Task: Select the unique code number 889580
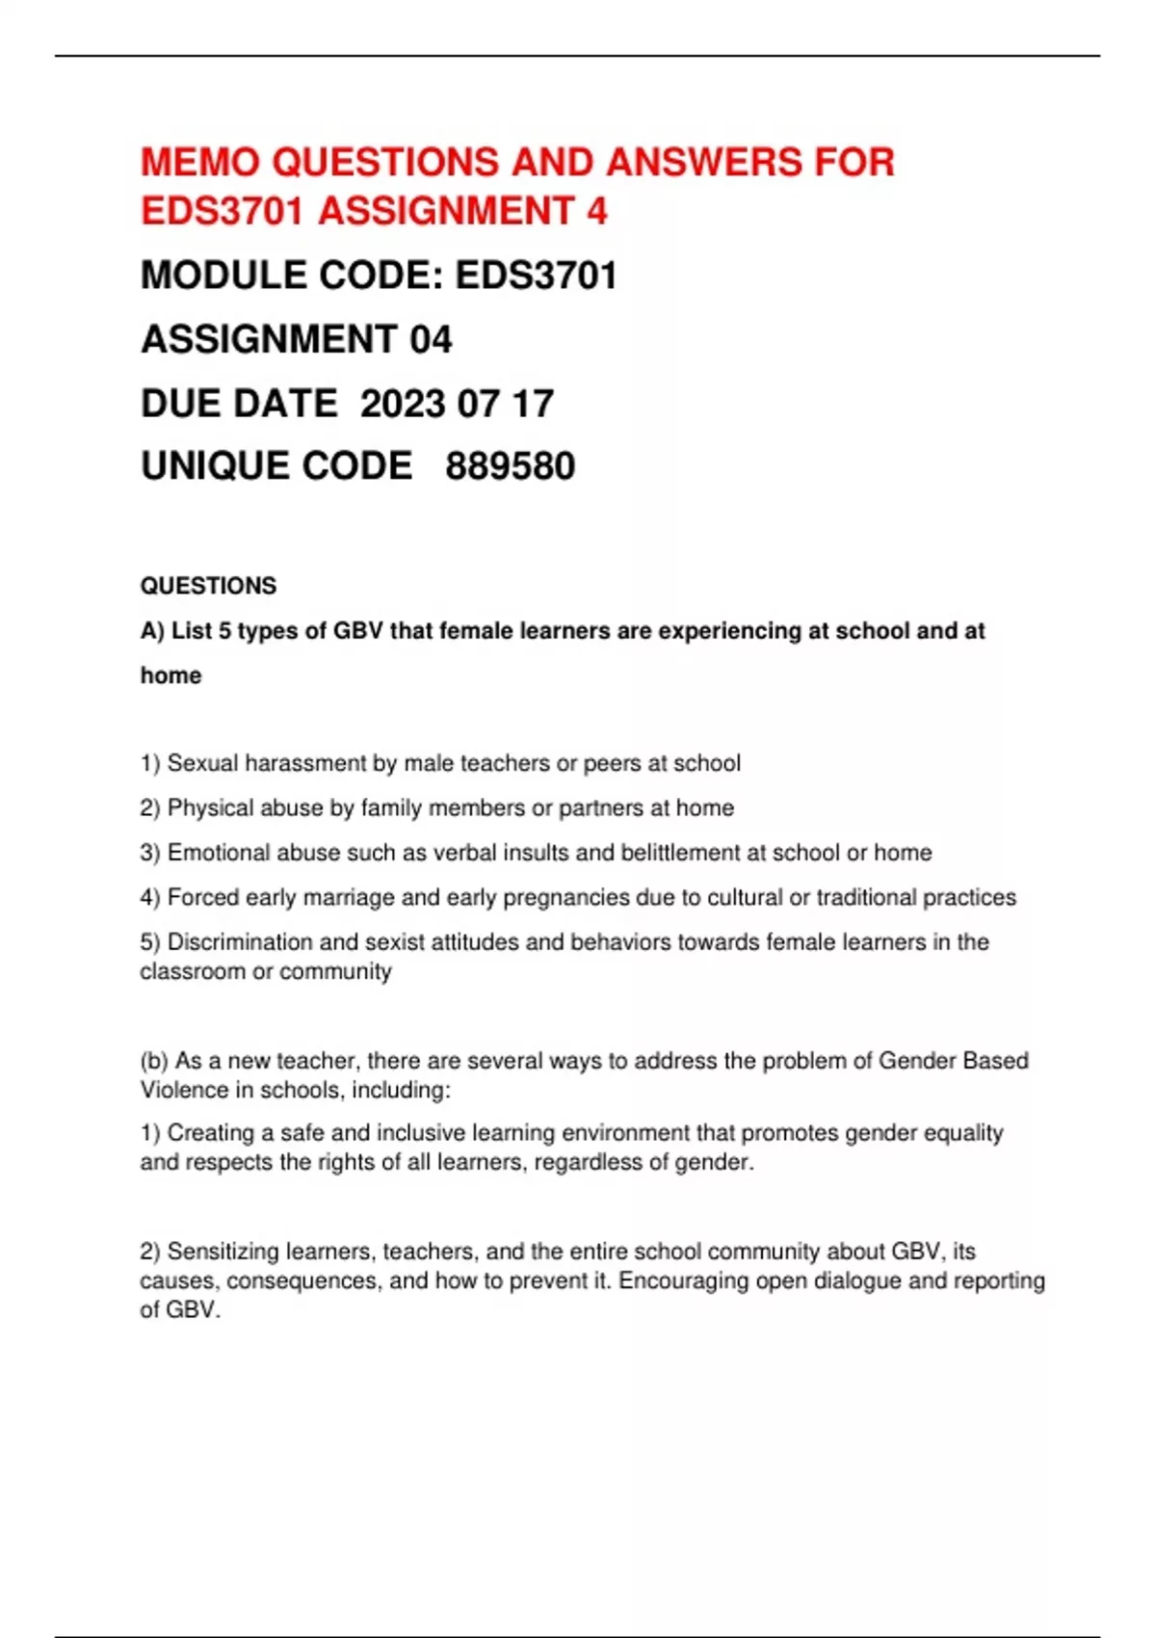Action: point(510,466)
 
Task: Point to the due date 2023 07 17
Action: point(457,404)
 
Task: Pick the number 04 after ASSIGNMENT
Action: point(431,339)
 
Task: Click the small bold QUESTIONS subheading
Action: point(208,586)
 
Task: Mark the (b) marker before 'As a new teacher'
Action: point(154,1061)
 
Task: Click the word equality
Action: point(963,1132)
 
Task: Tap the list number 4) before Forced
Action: point(149,897)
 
